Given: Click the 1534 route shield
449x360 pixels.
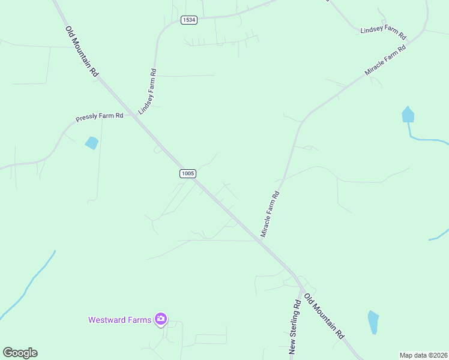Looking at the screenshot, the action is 188,20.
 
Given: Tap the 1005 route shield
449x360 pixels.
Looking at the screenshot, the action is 187,173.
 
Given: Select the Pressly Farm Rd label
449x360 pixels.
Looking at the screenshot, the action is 100,116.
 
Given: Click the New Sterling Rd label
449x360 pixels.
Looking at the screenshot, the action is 295,326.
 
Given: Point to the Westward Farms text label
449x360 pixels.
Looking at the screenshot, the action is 119,320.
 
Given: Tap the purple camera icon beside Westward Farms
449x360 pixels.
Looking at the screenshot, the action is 160,319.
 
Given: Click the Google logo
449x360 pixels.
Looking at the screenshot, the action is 20,353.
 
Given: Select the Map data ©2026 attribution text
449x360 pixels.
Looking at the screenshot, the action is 423,355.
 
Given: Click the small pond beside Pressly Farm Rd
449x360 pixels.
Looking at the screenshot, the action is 92,143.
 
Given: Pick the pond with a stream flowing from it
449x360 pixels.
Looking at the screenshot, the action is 408,115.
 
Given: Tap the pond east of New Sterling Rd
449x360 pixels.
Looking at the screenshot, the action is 373,322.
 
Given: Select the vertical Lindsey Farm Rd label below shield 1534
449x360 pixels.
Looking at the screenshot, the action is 148,92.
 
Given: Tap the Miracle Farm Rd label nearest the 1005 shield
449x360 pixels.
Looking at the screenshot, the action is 271,213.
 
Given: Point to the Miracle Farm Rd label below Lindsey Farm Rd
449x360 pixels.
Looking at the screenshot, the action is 385,60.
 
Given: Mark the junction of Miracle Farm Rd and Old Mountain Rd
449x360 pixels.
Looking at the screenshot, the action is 262,238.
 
